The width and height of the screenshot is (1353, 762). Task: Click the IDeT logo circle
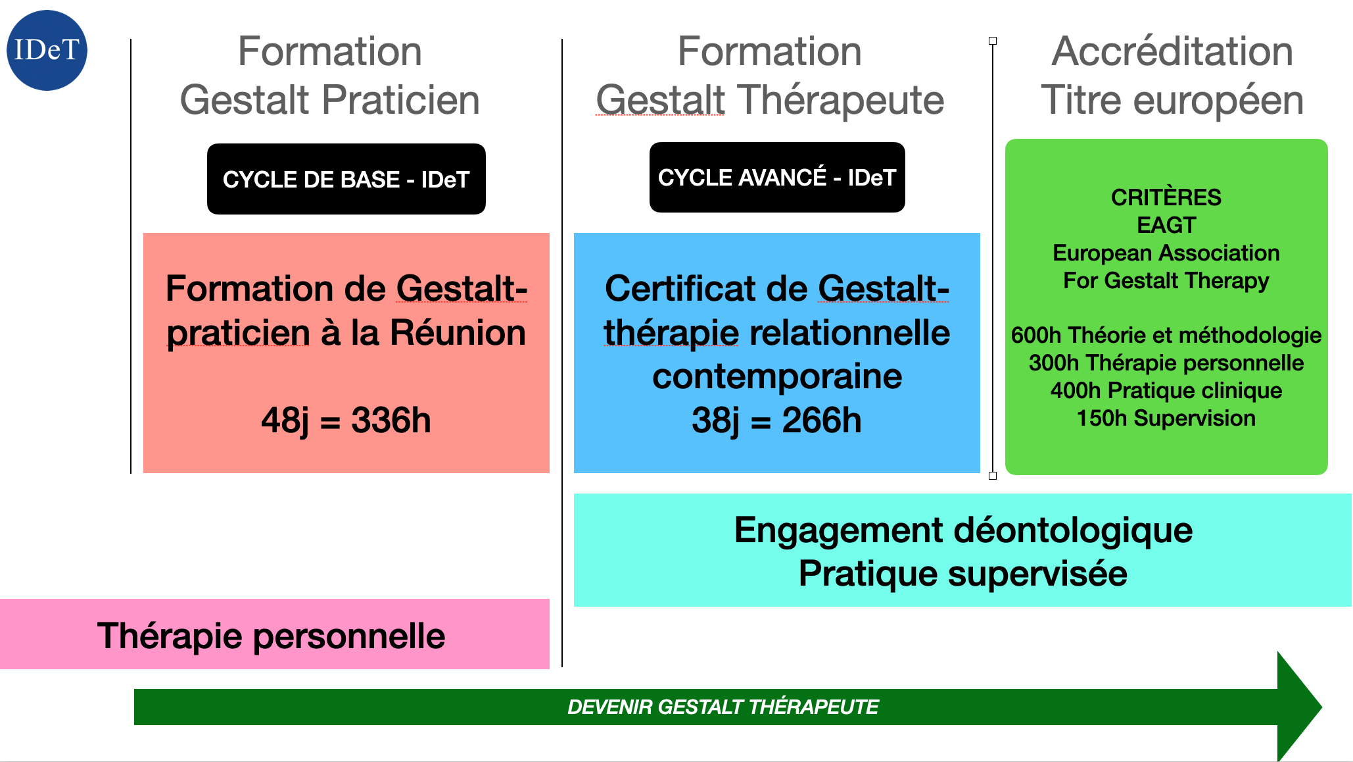(x=47, y=50)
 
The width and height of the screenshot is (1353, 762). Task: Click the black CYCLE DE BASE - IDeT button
(x=346, y=179)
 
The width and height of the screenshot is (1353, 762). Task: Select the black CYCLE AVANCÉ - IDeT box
(x=776, y=178)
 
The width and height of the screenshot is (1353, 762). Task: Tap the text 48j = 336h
(x=346, y=420)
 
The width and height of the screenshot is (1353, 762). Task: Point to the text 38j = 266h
(x=776, y=420)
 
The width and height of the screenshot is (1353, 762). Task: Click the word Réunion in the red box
(x=458, y=332)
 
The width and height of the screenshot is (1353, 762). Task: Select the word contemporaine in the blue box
(x=776, y=376)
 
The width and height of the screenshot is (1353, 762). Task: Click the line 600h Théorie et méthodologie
(x=1166, y=335)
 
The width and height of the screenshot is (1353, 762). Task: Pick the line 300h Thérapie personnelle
(x=1166, y=363)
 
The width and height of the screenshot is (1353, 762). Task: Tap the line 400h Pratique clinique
(x=1166, y=390)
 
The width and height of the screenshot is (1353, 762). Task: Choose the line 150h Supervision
(x=1166, y=418)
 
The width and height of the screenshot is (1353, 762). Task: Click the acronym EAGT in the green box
(x=1166, y=225)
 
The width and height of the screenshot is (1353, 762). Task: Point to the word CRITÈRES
(x=1166, y=197)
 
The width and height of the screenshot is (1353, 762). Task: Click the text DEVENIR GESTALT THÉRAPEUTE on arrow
(x=723, y=707)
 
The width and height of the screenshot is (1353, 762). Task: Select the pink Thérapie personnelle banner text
(x=271, y=636)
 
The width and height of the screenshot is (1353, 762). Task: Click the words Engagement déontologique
(x=962, y=530)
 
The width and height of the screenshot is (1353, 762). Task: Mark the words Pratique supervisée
(x=962, y=573)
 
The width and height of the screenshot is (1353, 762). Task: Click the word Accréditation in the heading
(x=1172, y=51)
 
